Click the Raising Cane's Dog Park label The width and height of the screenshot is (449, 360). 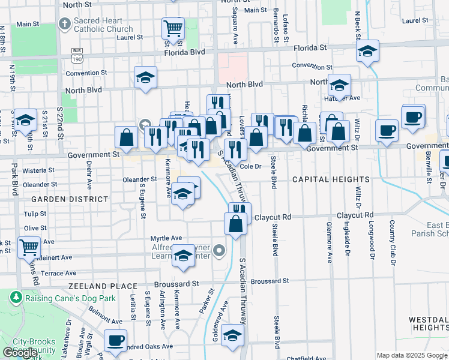coord(62,295)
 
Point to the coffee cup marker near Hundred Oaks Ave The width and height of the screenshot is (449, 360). coord(115,340)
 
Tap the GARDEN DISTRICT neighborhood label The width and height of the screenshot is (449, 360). coord(70,199)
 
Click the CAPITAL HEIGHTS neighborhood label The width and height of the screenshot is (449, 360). coord(330,179)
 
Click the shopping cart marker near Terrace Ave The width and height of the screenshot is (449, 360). coord(29,247)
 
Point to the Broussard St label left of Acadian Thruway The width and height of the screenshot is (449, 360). coord(176,283)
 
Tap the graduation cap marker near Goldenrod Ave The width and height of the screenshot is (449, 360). coord(232,335)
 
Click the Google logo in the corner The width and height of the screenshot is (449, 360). coord(19,353)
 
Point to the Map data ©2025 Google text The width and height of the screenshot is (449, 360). coord(411,355)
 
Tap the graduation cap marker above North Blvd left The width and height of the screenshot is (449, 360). coord(145,77)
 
